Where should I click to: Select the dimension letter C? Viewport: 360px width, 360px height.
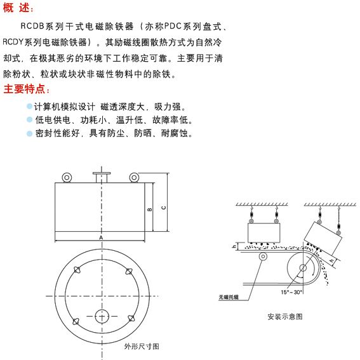(163, 206)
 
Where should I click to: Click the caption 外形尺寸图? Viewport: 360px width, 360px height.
(142, 347)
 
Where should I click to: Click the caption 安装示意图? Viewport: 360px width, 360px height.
(285, 316)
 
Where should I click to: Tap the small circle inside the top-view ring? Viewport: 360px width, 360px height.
(102, 316)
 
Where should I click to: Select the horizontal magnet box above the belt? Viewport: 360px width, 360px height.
(262, 233)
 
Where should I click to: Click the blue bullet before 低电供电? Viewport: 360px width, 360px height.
(29, 119)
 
